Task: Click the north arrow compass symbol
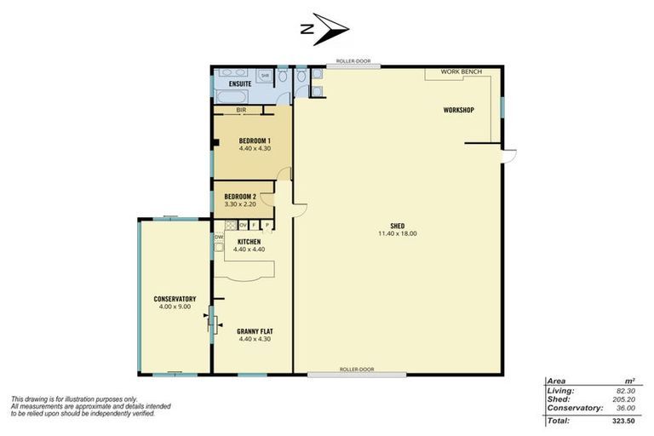coord(326,29)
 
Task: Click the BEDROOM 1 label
coord(255,141)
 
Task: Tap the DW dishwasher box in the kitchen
coord(219,237)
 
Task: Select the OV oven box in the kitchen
coord(243,225)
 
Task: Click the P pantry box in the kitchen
coord(267,225)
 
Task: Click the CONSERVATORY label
coord(175,299)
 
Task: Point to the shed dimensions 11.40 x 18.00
coord(396,233)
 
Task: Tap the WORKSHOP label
coord(458,111)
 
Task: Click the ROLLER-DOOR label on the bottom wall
coord(356,370)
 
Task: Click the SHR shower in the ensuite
coord(265,76)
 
